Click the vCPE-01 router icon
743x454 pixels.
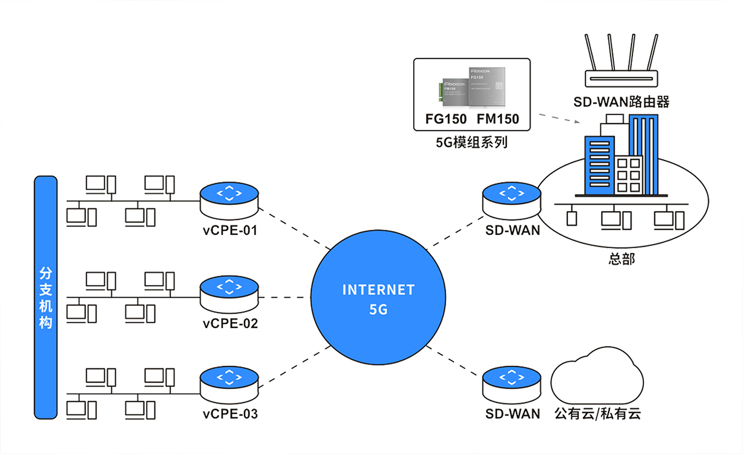point(229,200)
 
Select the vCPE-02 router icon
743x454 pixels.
point(229,294)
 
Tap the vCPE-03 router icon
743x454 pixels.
point(229,385)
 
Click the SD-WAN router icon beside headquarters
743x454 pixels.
point(512,200)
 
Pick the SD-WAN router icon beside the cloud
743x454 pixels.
point(512,385)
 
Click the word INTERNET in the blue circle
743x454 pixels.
point(378,290)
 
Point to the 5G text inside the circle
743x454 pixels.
point(378,310)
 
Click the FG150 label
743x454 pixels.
point(446,119)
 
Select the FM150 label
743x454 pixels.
point(498,119)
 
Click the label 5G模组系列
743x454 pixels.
point(472,143)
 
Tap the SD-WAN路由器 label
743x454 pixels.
point(621,102)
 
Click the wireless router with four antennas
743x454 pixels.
point(621,64)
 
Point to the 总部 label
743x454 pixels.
point(622,259)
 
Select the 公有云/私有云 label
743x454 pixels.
point(597,414)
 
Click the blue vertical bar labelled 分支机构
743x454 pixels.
point(46,297)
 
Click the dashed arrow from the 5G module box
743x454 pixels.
point(559,118)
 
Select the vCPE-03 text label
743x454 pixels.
point(230,414)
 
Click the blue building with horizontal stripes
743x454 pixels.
point(599,166)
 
